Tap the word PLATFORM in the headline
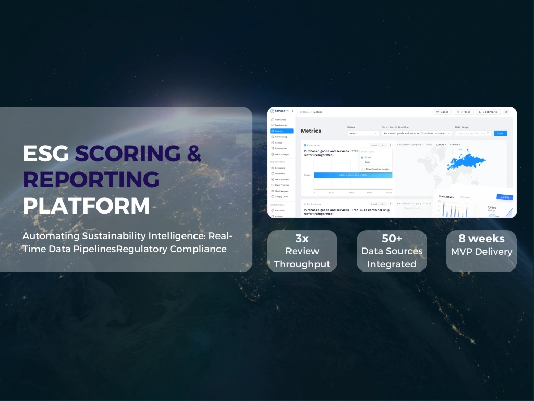coord(86,205)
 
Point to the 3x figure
coord(302,239)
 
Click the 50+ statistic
coord(392,239)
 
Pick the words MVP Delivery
coord(481,252)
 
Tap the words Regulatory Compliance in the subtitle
coord(172,249)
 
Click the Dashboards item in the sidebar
coord(281,125)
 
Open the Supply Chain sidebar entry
coord(282,196)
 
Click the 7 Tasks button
coord(463,112)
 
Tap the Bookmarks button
coord(488,112)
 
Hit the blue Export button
coord(501,133)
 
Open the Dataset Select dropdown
coord(363,133)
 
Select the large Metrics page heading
coord(311,131)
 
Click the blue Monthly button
coord(504,197)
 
